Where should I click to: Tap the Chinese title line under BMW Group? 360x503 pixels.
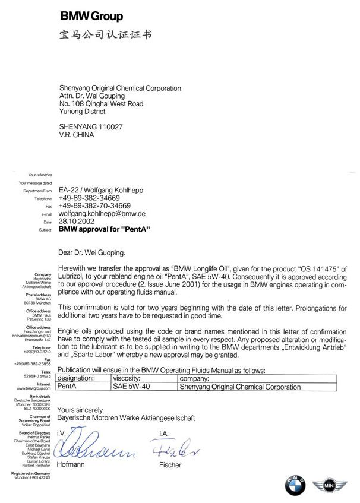(x=106, y=35)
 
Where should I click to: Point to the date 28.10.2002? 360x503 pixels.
(x=77, y=221)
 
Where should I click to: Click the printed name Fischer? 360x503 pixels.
(x=170, y=465)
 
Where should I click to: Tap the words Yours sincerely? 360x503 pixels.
(x=80, y=410)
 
